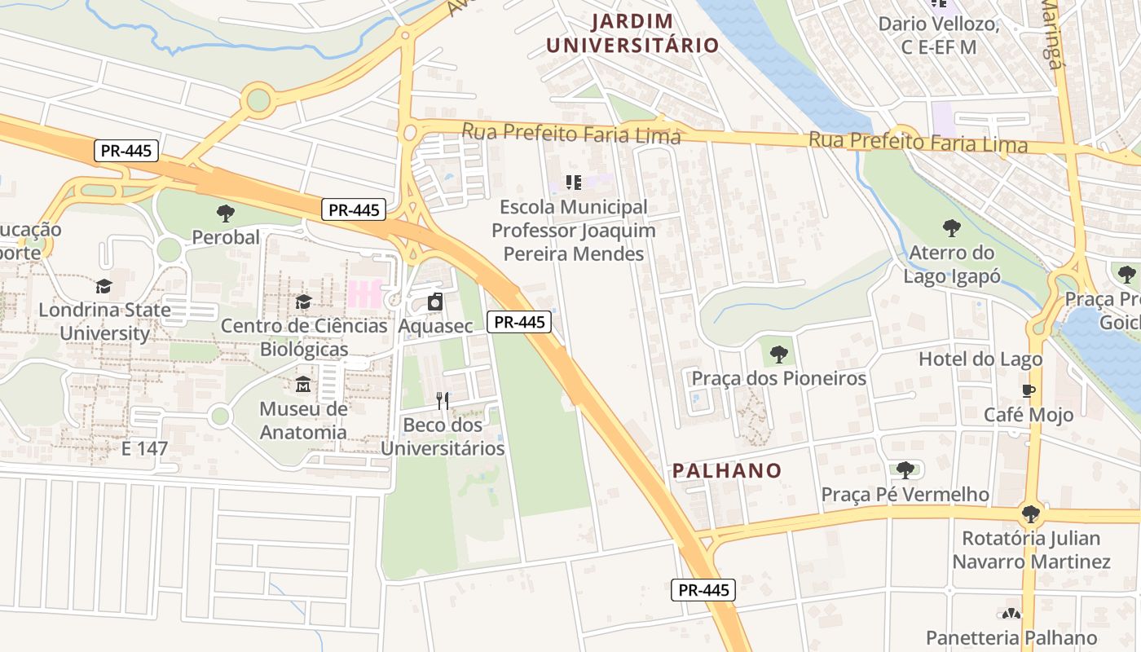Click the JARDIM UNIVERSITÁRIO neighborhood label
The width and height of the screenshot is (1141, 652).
[632, 33]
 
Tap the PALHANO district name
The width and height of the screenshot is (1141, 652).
[727, 470]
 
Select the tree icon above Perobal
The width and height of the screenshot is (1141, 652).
[226, 214]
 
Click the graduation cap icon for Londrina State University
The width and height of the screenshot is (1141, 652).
[104, 286]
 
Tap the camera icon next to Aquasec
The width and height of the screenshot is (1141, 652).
[435, 302]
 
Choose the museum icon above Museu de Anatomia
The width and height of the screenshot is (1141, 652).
[303, 384]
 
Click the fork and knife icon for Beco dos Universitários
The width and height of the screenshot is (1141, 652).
[443, 400]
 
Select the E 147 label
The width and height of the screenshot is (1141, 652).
[144, 448]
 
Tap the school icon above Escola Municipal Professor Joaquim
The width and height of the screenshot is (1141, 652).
[573, 183]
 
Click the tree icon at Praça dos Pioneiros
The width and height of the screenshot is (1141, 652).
[778, 355]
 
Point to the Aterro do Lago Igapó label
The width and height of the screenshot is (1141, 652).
[951, 264]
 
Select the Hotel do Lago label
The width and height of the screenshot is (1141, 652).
[980, 359]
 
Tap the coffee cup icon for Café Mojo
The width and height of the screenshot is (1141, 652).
[1029, 390]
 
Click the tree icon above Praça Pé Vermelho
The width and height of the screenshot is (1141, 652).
[905, 469]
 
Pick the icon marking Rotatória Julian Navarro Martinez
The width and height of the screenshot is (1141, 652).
[1031, 513]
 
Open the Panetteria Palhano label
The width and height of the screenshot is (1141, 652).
[1011, 637]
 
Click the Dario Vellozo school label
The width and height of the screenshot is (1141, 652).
[938, 35]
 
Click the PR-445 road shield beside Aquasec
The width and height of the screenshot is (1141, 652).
[520, 322]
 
